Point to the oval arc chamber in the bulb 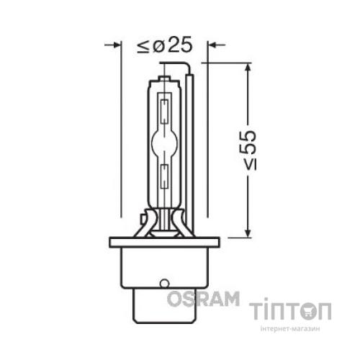(166, 142)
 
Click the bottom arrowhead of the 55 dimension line (248, 233)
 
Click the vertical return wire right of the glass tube (190, 144)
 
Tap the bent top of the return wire (184, 66)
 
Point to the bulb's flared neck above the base (165, 220)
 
